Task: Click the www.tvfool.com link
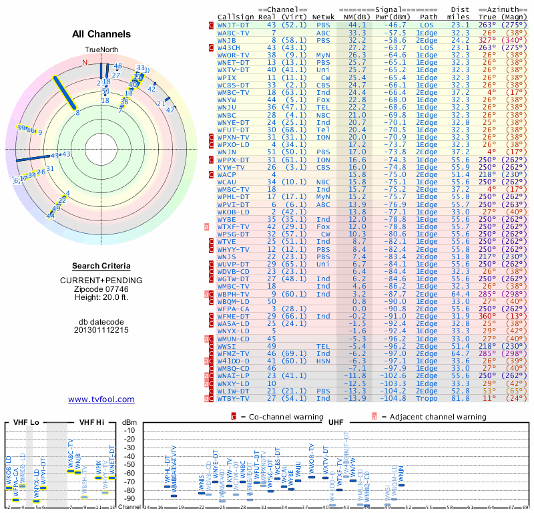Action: (101, 399)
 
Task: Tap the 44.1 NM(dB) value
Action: (357, 25)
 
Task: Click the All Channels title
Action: (101, 34)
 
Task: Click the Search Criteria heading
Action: (101, 266)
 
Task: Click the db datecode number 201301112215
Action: (101, 330)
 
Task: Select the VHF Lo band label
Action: (26, 422)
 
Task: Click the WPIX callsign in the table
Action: (227, 77)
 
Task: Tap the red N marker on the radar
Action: (85, 63)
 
